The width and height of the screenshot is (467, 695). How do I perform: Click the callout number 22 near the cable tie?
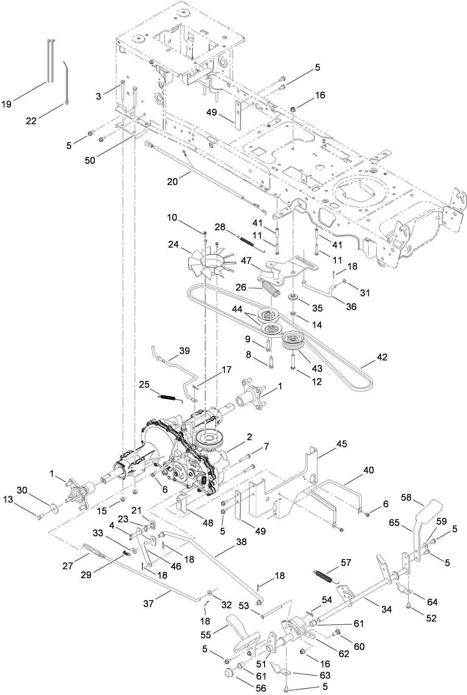[x=31, y=121]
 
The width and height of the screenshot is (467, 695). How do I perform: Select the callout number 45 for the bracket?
[x=341, y=444]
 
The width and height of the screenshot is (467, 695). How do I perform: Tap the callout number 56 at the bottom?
[x=261, y=688]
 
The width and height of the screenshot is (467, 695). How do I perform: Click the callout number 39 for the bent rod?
[x=184, y=351]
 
